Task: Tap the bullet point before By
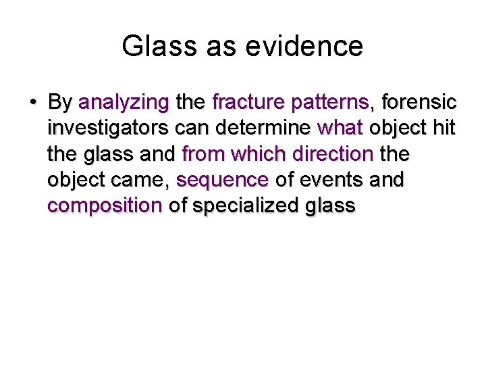(32, 103)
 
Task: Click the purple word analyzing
(124, 103)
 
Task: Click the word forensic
(419, 103)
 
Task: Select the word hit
(443, 128)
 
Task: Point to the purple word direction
(327, 154)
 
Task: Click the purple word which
(253, 154)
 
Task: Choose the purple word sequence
(222, 180)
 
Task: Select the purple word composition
(105, 205)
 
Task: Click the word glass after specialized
(330, 205)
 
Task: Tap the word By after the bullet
(61, 103)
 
